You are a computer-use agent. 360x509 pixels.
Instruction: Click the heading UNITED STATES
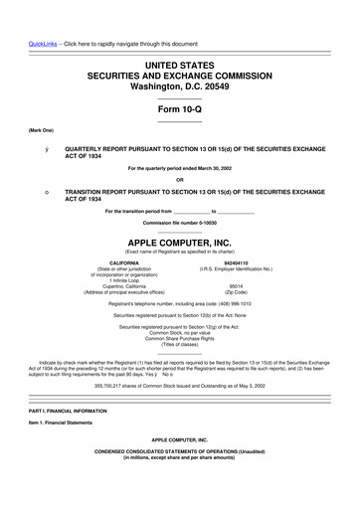coord(179,64)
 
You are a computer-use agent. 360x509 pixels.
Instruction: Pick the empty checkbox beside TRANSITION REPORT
coord(34,190)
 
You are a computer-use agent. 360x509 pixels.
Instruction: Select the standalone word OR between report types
coord(179,179)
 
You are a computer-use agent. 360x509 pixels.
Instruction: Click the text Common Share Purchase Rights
coord(179,338)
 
